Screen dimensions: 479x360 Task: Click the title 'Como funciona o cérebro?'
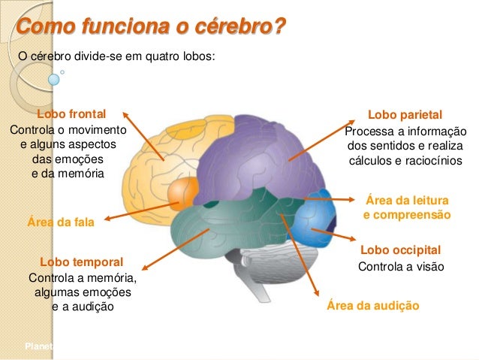click(x=151, y=28)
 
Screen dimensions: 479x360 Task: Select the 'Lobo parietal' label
click(x=405, y=115)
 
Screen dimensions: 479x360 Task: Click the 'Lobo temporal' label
click(x=81, y=262)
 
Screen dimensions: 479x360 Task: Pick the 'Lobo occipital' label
click(x=400, y=250)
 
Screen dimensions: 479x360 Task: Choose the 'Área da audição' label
click(x=373, y=306)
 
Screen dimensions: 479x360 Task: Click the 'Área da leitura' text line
click(x=407, y=201)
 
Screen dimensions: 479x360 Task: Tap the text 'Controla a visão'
click(x=402, y=267)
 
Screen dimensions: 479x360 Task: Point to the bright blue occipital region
click(x=314, y=216)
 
